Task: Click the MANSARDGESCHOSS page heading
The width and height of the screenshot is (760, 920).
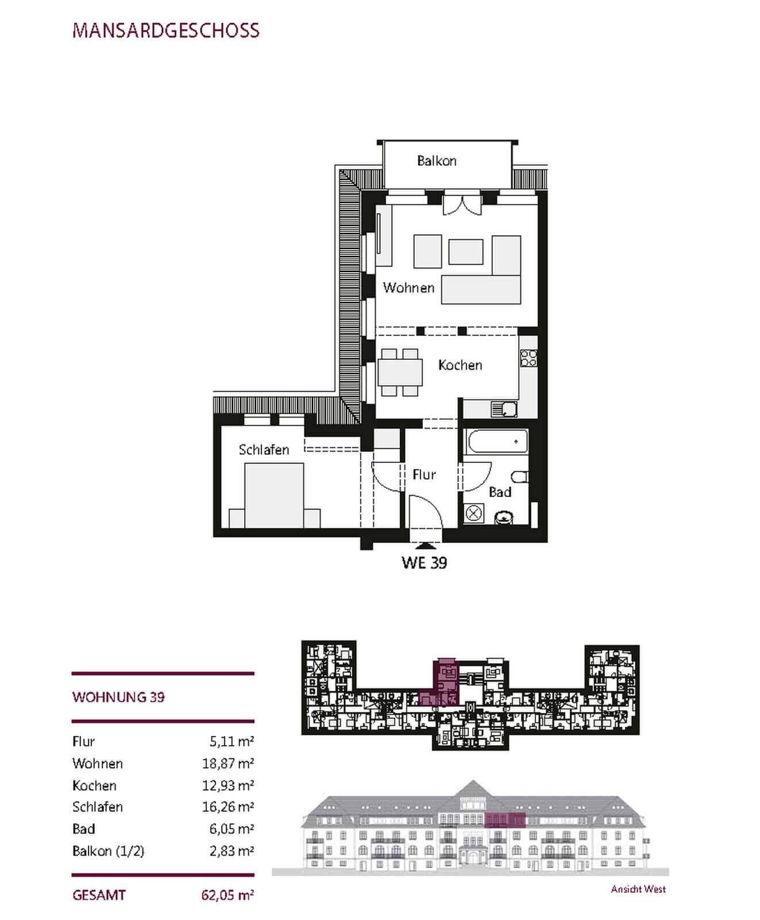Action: click(x=166, y=30)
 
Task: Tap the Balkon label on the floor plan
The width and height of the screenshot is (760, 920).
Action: click(x=437, y=161)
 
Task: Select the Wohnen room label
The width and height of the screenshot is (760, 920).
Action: click(x=408, y=287)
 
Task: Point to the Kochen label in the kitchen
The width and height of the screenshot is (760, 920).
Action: click(x=460, y=365)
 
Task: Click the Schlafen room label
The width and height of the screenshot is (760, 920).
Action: click(x=264, y=450)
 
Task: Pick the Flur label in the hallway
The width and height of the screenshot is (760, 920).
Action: click(x=424, y=474)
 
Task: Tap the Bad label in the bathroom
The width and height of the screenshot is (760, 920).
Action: click(x=500, y=492)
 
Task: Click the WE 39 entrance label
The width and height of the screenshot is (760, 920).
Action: click(x=424, y=562)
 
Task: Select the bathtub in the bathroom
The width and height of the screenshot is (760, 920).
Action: click(x=498, y=442)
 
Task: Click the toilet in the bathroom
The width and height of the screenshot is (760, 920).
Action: click(x=520, y=477)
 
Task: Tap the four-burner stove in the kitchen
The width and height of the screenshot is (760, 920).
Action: click(x=528, y=358)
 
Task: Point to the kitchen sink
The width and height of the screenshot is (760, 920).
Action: click(x=504, y=409)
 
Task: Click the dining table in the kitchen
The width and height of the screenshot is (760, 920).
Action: click(x=400, y=372)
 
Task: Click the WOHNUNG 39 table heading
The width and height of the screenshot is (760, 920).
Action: click(x=118, y=697)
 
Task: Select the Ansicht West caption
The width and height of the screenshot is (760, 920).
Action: click(x=638, y=889)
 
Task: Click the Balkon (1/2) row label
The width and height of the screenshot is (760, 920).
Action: click(x=108, y=851)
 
